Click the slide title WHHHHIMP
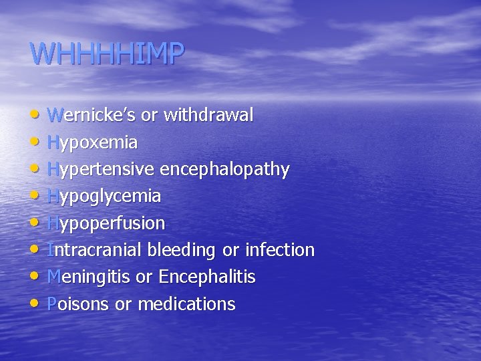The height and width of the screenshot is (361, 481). click(107, 54)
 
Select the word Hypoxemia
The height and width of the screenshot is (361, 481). click(93, 142)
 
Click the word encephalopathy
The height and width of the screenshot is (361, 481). click(231, 170)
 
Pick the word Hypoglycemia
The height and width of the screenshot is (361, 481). click(104, 197)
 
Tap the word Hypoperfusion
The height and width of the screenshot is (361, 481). click(106, 223)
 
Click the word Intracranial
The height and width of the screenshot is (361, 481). click(95, 250)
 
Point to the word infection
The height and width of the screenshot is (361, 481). click(280, 250)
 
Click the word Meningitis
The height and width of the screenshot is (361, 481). click(90, 277)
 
